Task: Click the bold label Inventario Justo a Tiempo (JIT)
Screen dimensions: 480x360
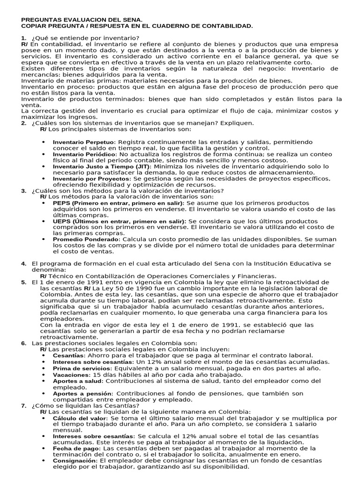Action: coord(102,166)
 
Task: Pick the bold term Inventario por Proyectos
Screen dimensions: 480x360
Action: coord(92,179)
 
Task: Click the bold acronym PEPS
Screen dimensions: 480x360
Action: coord(60,203)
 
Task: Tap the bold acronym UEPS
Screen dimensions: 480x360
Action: coord(61,221)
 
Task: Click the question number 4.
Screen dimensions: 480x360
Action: coord(23,264)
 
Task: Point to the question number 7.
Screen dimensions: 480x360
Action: coord(23,405)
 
